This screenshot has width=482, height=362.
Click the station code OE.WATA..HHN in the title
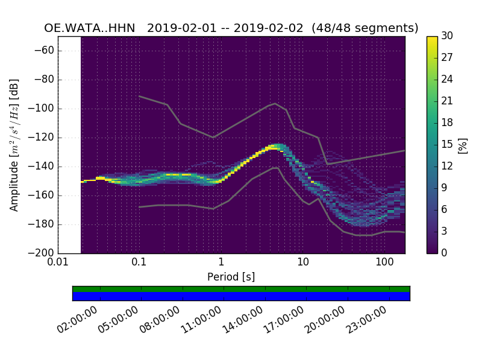(x=90, y=28)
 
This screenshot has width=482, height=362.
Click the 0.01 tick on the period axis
(x=58, y=263)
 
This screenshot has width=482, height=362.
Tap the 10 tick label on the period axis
(x=302, y=263)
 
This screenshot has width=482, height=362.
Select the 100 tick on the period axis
(x=384, y=263)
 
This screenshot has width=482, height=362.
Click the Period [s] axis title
(x=231, y=277)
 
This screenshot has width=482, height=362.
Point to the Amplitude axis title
(x=14, y=145)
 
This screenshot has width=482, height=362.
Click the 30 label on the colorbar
(x=447, y=36)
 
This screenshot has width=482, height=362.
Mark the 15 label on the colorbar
(x=447, y=144)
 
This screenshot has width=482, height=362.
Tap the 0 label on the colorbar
(x=445, y=253)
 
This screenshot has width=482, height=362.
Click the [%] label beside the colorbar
(x=463, y=145)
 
